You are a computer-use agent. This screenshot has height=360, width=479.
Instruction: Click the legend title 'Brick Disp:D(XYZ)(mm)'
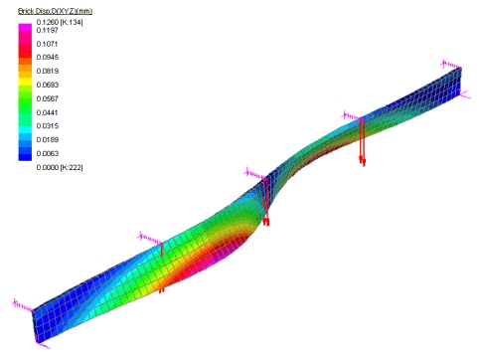tap(55, 11)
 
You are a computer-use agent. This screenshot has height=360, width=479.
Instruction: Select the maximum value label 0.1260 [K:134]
tap(60, 22)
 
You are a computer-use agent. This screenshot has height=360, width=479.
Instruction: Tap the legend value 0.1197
tap(48, 30)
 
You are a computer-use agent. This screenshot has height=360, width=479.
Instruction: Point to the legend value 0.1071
tap(48, 44)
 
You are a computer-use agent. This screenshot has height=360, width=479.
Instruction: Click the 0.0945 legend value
tap(48, 58)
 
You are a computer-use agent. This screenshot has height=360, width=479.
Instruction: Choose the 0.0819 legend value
tap(48, 71)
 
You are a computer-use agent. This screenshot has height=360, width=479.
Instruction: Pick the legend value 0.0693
tap(48, 85)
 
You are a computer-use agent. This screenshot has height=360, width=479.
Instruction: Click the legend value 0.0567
tap(48, 98)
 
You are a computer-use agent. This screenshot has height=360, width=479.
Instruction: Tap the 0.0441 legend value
tap(48, 112)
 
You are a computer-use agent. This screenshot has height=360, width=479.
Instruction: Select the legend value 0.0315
tap(48, 126)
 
